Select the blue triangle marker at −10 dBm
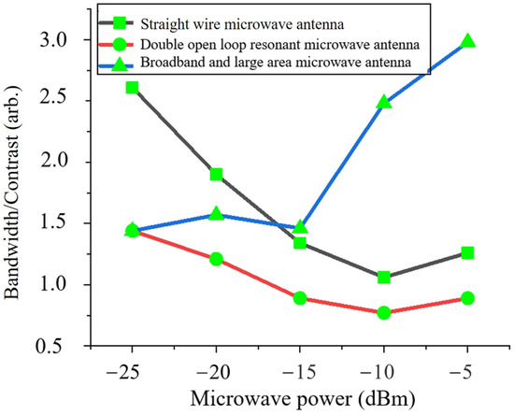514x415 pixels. (384, 101)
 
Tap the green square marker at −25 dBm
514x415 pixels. (132, 87)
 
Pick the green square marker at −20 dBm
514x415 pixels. (216, 174)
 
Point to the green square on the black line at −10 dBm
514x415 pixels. (384, 277)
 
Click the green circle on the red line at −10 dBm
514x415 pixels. (384, 312)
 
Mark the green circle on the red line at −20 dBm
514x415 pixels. (216, 259)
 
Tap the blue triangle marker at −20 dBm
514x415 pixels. (216, 214)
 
